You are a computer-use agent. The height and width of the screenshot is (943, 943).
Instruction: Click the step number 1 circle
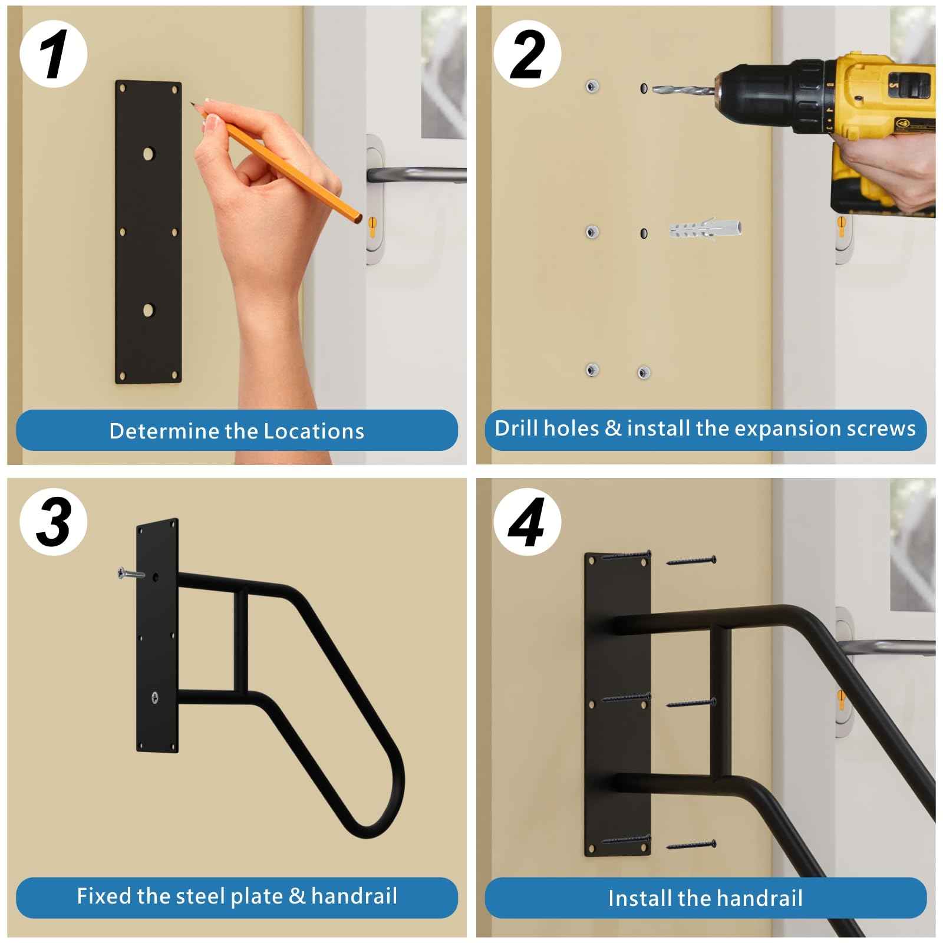(x=53, y=54)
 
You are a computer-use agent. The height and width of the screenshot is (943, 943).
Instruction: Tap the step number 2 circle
(x=526, y=54)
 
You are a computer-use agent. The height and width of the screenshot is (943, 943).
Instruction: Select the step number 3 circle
(x=53, y=522)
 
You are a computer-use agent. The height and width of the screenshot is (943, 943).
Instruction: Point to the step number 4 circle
(x=526, y=522)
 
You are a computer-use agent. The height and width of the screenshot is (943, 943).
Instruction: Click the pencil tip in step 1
(x=192, y=104)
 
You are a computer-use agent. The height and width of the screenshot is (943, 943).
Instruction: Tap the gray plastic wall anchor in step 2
(x=705, y=228)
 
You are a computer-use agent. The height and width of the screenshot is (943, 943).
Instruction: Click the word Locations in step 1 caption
(x=314, y=431)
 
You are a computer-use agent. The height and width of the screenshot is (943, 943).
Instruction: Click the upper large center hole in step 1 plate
(x=148, y=154)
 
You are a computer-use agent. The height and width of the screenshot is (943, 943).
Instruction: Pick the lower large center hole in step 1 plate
(x=148, y=309)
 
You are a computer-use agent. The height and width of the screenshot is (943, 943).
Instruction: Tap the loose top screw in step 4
(x=691, y=560)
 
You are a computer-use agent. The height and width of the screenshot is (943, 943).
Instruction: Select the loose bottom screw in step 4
(x=691, y=845)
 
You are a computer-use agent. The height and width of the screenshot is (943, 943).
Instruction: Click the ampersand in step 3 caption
(x=297, y=896)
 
